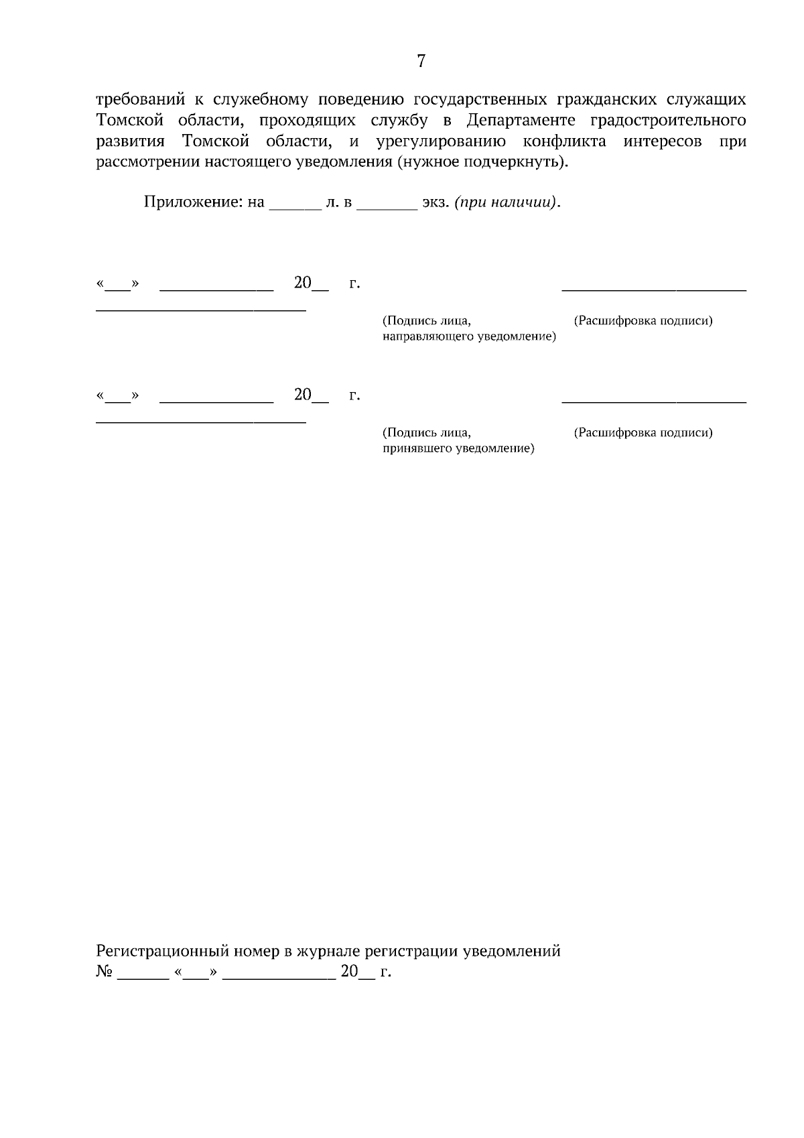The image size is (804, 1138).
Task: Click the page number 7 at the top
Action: click(421, 62)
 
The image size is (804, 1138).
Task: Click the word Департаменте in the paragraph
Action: click(519, 121)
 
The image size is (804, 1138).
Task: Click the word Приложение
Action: click(195, 202)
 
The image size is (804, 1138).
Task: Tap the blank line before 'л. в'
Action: click(295, 208)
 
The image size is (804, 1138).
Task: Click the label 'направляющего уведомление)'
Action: click(469, 336)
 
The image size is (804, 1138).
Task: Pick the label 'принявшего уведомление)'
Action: click(458, 448)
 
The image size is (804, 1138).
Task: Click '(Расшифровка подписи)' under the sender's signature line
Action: click(643, 320)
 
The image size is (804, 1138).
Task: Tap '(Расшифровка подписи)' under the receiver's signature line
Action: click(643, 432)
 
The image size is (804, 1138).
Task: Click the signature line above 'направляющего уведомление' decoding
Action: click(653, 290)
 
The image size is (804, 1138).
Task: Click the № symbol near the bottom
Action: click(105, 971)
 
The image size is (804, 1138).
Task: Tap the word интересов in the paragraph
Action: click(663, 142)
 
